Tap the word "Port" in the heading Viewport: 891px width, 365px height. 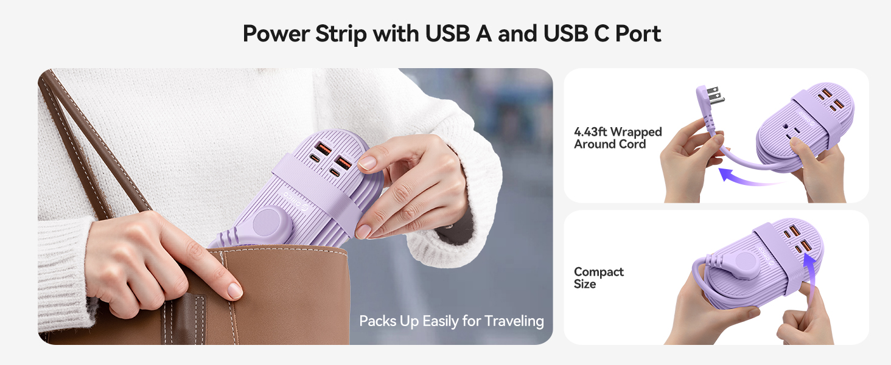click(637, 33)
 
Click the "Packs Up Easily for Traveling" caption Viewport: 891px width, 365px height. click(451, 321)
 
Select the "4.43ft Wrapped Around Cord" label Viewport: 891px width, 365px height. click(617, 138)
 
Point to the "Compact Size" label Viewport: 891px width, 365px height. click(598, 278)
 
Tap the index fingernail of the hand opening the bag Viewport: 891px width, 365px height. click(235, 291)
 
